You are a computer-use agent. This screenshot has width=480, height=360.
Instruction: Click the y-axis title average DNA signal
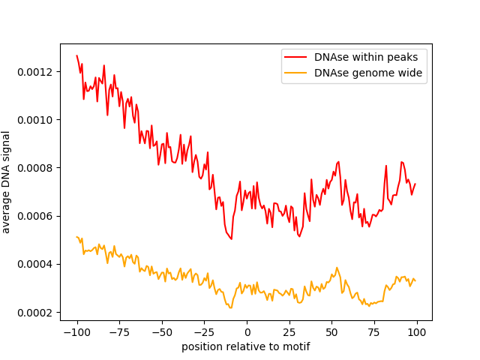pos(7,181)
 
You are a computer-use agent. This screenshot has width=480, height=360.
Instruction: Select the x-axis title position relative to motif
pos(246,347)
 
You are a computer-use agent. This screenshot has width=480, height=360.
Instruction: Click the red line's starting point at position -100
pos(77,55)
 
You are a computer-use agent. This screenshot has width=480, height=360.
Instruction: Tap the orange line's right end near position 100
pos(415,280)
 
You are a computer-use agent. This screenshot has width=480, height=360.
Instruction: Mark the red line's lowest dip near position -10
pos(231,238)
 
